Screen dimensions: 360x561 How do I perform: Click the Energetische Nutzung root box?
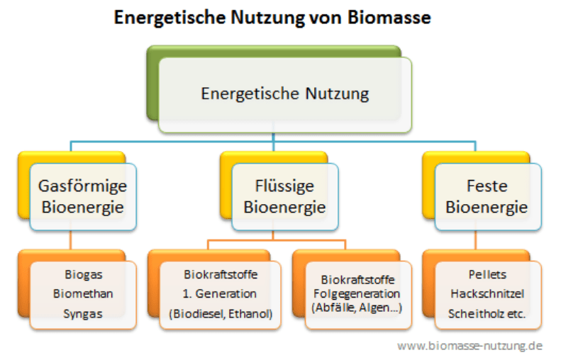tap(284, 94)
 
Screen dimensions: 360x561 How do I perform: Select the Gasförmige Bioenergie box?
tap(83, 197)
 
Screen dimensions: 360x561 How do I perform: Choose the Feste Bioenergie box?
tap(487, 197)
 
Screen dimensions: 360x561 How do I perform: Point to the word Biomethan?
tap(83, 293)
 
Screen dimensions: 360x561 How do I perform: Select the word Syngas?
tap(82, 313)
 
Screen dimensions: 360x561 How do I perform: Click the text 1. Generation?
tap(219, 293)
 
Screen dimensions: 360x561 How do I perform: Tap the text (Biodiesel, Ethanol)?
tap(219, 313)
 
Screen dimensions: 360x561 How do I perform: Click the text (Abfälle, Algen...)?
tap(356, 307)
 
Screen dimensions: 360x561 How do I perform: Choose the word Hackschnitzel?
tap(487, 293)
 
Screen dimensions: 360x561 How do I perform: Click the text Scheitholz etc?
tap(487, 313)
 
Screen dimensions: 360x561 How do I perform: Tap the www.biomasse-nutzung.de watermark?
tap(470, 346)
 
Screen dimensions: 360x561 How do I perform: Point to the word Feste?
tap(487, 187)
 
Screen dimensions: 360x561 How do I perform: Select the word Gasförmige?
tap(83, 187)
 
